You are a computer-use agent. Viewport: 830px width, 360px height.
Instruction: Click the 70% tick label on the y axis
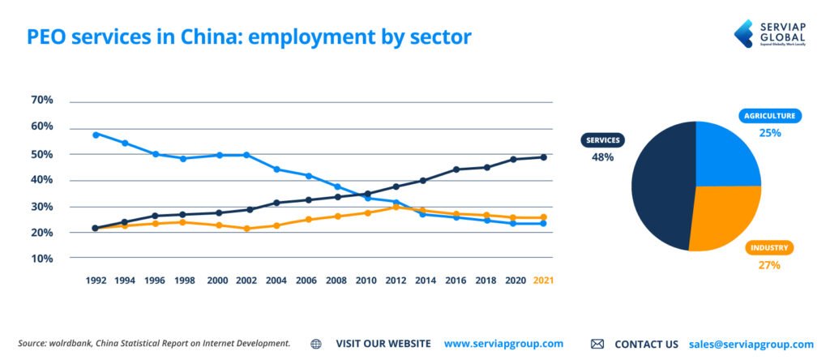pos(42,101)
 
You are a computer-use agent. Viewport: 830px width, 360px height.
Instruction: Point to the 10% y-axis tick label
pos(42,259)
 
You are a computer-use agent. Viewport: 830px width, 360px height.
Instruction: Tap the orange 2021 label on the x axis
pos(543,280)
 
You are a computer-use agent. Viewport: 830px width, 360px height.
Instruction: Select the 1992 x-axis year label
pos(96,280)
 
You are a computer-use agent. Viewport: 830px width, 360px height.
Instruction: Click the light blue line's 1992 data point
pos(96,135)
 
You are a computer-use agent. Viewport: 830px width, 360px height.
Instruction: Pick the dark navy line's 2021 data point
pos(543,157)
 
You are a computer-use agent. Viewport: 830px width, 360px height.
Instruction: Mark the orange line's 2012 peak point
pos(395,207)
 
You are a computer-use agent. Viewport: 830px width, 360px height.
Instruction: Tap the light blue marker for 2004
pos(276,169)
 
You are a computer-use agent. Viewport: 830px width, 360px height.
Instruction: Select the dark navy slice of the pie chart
pos(661,186)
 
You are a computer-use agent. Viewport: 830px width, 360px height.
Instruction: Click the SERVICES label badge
pos(602,140)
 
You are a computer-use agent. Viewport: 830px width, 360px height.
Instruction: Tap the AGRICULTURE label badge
pos(770,116)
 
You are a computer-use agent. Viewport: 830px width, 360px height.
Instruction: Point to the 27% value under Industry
pos(769,265)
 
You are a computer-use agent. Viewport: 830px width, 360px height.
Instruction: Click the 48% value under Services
pos(602,157)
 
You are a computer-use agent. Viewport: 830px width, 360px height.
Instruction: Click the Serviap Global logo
pos(769,33)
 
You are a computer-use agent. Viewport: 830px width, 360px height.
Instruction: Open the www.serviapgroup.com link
pos(503,344)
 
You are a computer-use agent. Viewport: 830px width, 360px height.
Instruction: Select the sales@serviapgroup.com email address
pos(751,344)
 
